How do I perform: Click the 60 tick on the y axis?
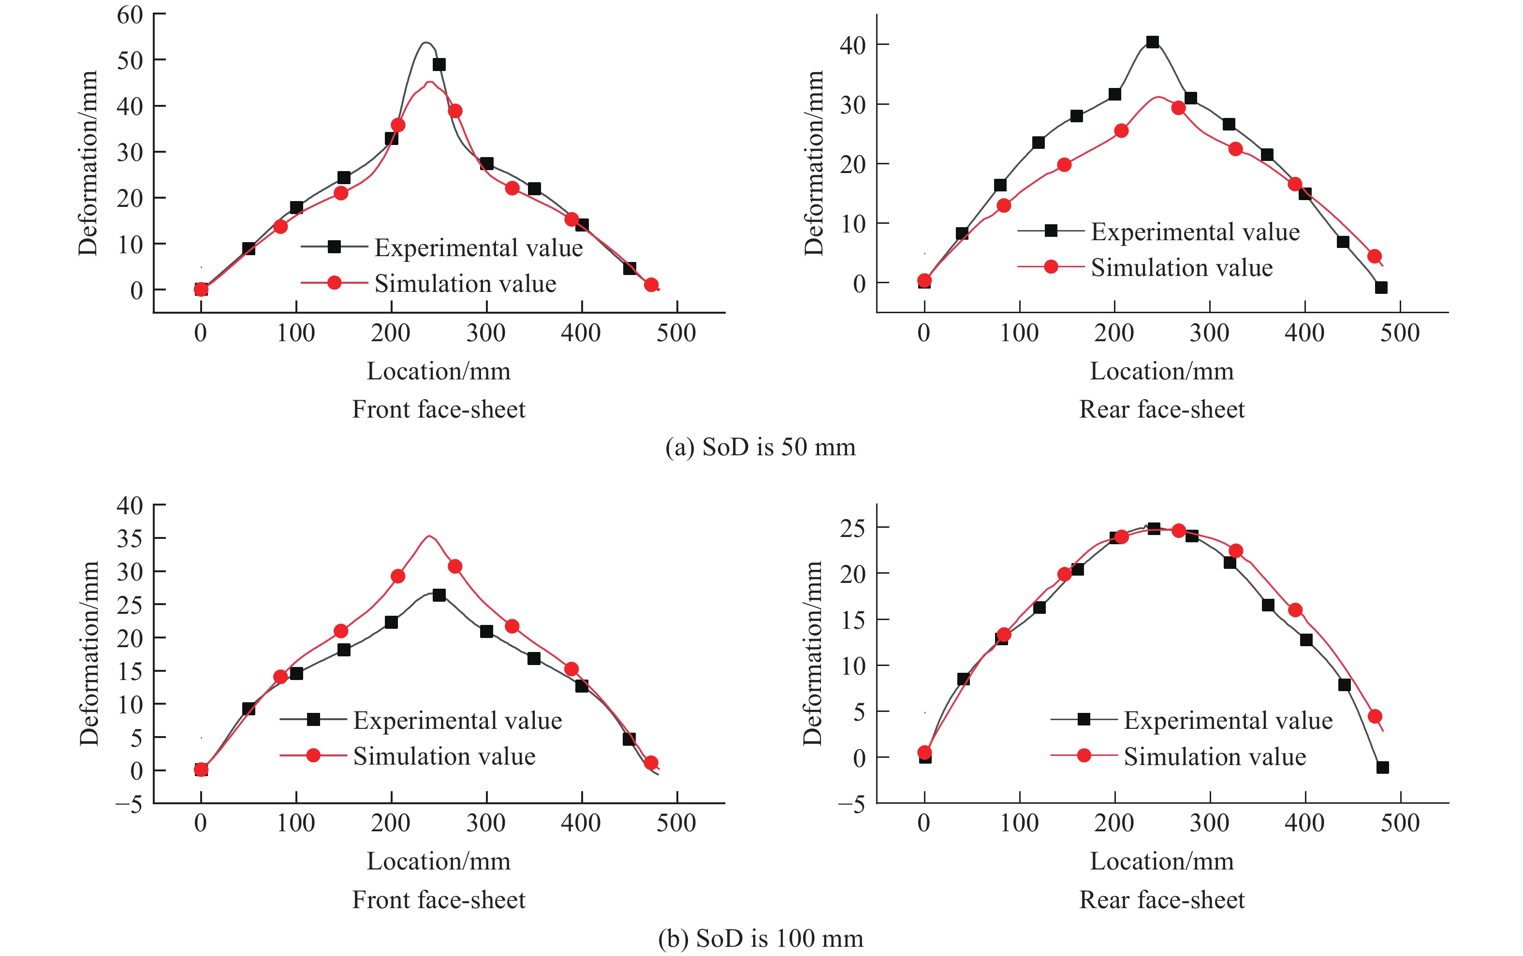click(x=130, y=15)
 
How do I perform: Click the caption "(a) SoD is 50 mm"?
click(x=760, y=447)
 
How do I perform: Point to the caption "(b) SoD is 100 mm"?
click(x=760, y=938)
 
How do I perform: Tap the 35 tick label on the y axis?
click(x=130, y=539)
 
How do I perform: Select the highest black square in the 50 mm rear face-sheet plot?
click(x=1152, y=43)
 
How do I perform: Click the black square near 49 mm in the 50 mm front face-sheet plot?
click(x=439, y=64)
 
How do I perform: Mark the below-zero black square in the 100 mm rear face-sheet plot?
click(x=1382, y=767)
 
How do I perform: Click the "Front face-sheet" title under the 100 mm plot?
click(x=439, y=900)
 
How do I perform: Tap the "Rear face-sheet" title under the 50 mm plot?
click(x=1162, y=409)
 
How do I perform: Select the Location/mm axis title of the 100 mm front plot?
click(x=439, y=861)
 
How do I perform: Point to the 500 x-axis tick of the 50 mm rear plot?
click(x=1400, y=333)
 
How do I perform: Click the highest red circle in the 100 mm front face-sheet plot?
click(x=455, y=566)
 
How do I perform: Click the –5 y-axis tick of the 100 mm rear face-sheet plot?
click(x=851, y=805)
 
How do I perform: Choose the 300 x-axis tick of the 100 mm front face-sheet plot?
click(x=486, y=823)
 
